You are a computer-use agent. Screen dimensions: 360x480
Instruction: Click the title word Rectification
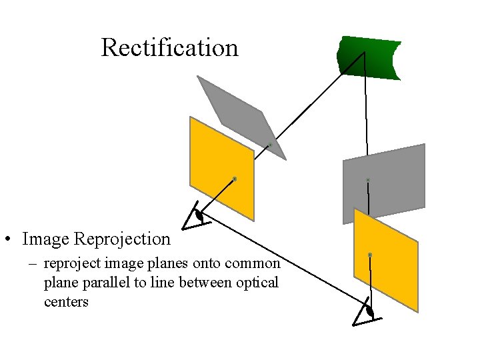click(169, 48)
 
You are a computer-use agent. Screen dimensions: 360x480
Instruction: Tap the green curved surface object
click(370, 58)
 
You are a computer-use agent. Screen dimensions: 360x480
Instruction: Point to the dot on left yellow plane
click(235, 179)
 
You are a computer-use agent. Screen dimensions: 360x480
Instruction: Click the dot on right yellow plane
click(370, 255)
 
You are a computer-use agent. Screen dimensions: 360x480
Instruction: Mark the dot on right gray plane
click(367, 180)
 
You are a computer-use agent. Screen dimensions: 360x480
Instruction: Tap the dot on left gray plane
click(270, 145)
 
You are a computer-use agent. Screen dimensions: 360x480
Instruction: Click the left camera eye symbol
click(199, 215)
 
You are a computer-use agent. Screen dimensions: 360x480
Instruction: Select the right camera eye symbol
click(368, 311)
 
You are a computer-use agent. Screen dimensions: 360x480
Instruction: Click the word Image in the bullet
click(45, 239)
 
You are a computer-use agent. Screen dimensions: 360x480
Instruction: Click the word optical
click(257, 283)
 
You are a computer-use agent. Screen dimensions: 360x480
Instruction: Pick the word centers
click(66, 302)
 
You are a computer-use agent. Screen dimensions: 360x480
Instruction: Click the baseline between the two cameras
click(287, 261)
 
